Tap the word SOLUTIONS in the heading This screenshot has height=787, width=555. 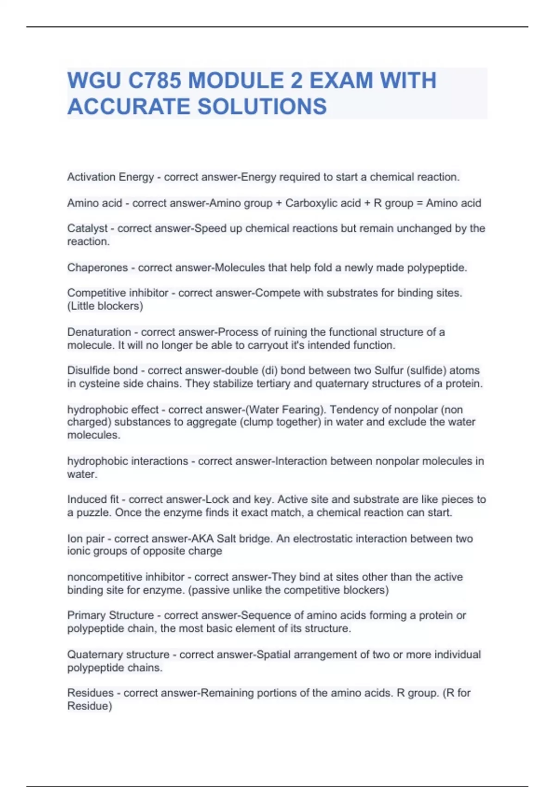(x=262, y=106)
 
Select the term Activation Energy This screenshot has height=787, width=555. (x=111, y=177)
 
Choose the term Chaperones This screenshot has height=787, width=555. (x=98, y=268)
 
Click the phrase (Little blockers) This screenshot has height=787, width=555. (x=105, y=306)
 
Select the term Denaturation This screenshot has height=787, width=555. (x=99, y=332)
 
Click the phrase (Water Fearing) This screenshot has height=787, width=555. (x=286, y=410)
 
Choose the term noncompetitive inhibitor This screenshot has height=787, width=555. (x=126, y=577)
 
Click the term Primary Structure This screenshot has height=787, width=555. (x=111, y=615)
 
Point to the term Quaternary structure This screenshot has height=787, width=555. (x=118, y=655)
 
